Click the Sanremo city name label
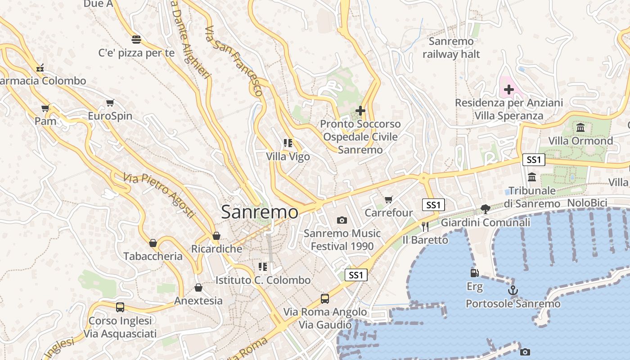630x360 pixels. [259, 212]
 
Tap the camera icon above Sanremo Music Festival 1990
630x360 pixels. [342, 220]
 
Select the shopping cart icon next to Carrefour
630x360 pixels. [389, 199]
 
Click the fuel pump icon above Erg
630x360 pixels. [474, 273]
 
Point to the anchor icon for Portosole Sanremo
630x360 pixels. [513, 290]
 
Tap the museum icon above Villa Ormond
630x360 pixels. [580, 127]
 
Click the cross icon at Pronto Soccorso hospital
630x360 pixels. [360, 110]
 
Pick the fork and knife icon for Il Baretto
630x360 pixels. [425, 226]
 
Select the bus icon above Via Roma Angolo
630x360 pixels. [325, 298]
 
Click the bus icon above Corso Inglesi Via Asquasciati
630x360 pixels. [120, 307]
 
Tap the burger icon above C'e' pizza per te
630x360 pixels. [136, 39]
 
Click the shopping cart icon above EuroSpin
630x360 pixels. [110, 103]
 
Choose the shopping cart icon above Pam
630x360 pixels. [45, 108]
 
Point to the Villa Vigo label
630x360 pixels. [288, 157]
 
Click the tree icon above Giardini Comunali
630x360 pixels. [485, 209]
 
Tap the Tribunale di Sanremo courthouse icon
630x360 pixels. [532, 177]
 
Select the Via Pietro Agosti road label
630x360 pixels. [159, 195]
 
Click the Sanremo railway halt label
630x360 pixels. [451, 48]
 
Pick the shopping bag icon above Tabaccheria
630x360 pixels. [153, 243]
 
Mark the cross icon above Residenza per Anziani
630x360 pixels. [509, 90]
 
